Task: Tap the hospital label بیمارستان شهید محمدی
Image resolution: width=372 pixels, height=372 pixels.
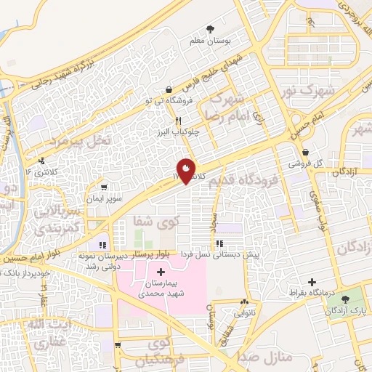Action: pyautogui.click(x=160, y=288)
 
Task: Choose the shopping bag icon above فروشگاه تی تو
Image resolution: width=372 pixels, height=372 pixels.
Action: pyautogui.click(x=169, y=89)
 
